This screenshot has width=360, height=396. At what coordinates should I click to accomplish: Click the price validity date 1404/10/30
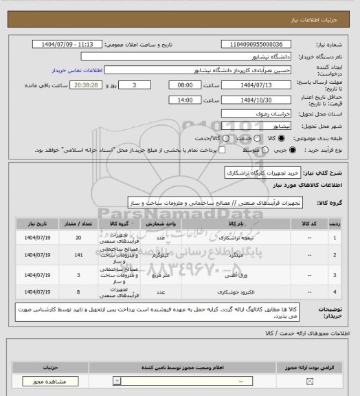[261, 100]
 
